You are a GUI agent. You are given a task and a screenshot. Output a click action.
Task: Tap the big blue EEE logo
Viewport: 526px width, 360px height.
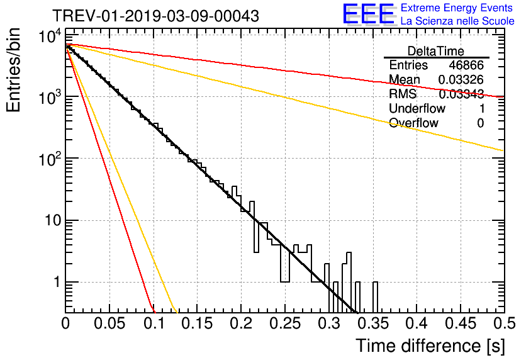367,14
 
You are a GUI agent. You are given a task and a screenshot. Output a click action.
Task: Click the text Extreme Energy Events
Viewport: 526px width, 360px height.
457,8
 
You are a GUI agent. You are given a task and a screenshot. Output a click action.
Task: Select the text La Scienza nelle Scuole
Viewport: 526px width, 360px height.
457,21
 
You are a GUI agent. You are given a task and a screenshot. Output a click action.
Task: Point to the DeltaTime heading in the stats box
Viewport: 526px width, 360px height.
436,51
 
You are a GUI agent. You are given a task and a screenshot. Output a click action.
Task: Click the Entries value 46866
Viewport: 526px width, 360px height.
466,65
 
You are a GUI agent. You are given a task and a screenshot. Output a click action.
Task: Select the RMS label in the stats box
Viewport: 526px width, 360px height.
402,94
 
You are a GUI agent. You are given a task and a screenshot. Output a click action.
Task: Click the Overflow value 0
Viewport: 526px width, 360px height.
480,123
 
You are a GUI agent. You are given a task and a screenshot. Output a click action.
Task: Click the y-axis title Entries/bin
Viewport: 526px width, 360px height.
16,70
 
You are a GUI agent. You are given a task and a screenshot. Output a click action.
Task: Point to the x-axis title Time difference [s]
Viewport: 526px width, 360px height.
429,346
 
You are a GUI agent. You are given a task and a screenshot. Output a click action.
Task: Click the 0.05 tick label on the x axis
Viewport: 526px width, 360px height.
109,325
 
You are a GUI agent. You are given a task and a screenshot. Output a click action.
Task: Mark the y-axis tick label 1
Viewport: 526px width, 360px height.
56,283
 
